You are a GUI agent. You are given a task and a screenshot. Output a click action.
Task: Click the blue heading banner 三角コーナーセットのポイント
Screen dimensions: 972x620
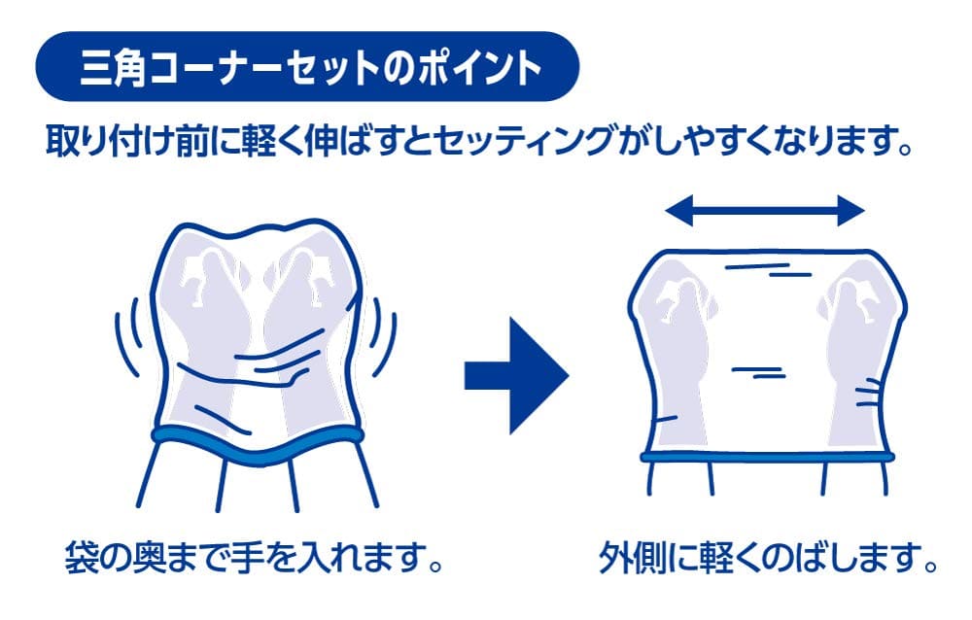coord(307,66)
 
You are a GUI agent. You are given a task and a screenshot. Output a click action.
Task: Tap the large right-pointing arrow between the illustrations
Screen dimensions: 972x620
coord(517,376)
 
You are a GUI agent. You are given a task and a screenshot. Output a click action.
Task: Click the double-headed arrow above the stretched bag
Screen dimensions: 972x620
coord(764,210)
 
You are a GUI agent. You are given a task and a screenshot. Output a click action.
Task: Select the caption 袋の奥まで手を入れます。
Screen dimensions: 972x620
coord(253,558)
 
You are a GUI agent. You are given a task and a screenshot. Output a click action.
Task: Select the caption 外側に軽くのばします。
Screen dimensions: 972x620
coord(768,558)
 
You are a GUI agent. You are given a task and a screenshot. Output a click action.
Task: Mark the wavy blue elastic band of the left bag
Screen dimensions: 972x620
coord(258,445)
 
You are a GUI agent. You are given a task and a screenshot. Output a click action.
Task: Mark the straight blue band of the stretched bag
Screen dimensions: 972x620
coord(768,458)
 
